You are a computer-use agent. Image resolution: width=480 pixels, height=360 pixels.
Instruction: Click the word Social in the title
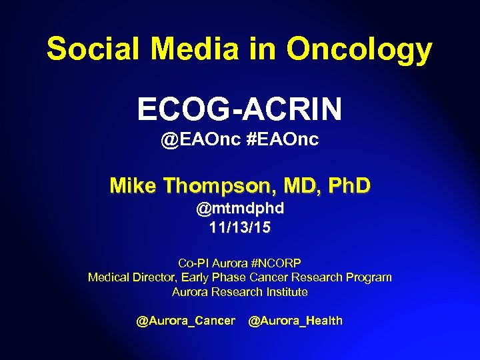95,49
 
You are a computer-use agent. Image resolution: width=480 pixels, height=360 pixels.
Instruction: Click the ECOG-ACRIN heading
239,109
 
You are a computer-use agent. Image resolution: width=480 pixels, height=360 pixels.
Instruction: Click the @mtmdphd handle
239,209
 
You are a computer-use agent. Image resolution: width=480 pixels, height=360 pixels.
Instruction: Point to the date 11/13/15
239,228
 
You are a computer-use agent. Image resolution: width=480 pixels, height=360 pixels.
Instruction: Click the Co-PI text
194,263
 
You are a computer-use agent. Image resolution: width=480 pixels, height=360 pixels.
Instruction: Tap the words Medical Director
131,277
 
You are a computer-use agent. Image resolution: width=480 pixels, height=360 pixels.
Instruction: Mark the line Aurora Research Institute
239,292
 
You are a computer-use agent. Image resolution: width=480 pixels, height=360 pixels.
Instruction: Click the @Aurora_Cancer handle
185,321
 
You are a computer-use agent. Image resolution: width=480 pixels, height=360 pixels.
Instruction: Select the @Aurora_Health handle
295,321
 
